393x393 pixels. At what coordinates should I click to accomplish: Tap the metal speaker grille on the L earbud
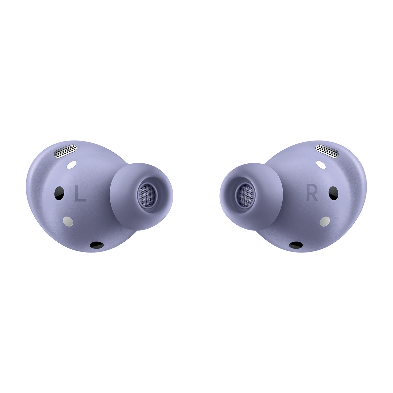click(x=66, y=151)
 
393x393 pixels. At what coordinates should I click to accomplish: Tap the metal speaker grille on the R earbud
click(x=327, y=151)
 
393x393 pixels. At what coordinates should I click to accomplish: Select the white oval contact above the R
click(x=320, y=164)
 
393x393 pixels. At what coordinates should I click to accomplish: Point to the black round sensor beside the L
click(x=59, y=193)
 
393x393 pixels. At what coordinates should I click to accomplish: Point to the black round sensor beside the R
click(x=334, y=193)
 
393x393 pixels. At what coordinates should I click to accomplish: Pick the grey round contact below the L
click(x=68, y=221)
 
